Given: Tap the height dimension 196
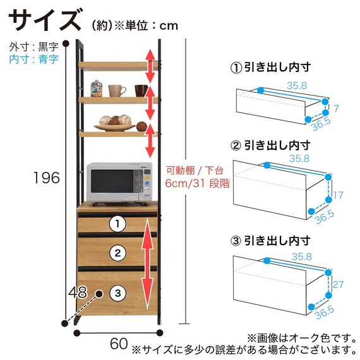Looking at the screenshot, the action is (47, 177).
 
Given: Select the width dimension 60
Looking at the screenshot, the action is (119, 344).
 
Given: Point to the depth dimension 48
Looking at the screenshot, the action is (78, 292).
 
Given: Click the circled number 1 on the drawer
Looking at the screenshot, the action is (117, 224).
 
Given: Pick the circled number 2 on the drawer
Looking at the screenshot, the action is (117, 253).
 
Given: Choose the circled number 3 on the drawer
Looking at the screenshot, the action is (117, 293).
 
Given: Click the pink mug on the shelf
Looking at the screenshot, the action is (116, 90).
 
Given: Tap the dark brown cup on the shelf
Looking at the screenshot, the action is (141, 90).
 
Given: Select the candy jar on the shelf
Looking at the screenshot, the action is (97, 88).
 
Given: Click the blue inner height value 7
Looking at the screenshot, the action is (336, 109).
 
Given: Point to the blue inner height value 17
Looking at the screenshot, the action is (339, 195).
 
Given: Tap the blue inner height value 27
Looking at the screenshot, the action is (339, 285).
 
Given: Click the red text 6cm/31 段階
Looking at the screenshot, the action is (198, 183).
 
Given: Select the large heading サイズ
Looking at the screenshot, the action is (45, 20).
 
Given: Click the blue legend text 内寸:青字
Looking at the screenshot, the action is (33, 59).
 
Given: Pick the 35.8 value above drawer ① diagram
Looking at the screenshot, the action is (297, 86).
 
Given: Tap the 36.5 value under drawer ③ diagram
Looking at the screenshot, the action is (325, 313).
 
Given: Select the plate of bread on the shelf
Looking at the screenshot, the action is (115, 123).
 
